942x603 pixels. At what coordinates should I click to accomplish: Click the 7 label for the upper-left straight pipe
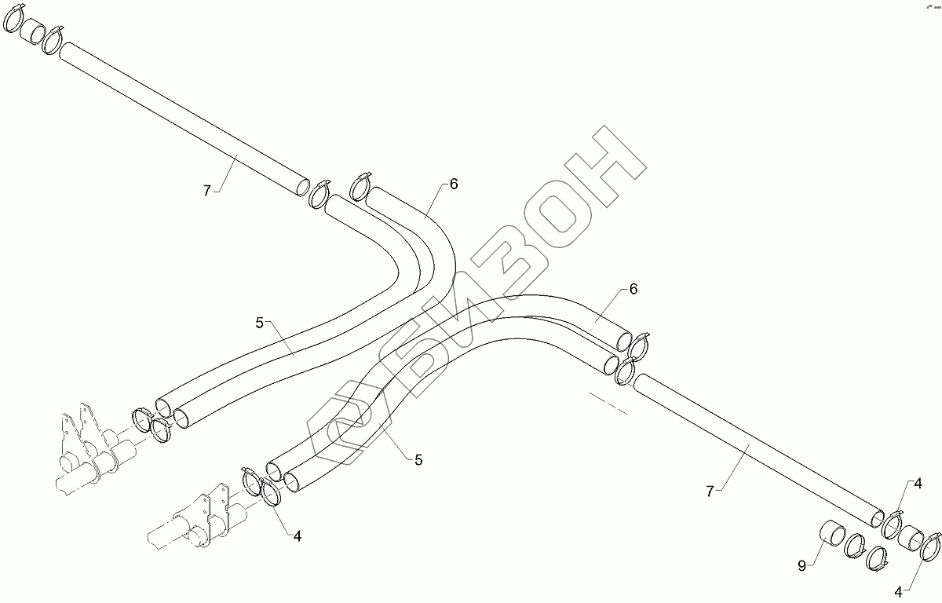tap(207, 191)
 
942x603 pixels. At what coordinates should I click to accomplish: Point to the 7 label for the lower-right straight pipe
tap(710, 492)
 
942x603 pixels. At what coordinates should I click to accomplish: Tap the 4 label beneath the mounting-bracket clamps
tap(298, 536)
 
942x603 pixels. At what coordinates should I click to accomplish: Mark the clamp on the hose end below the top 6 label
tap(360, 187)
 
